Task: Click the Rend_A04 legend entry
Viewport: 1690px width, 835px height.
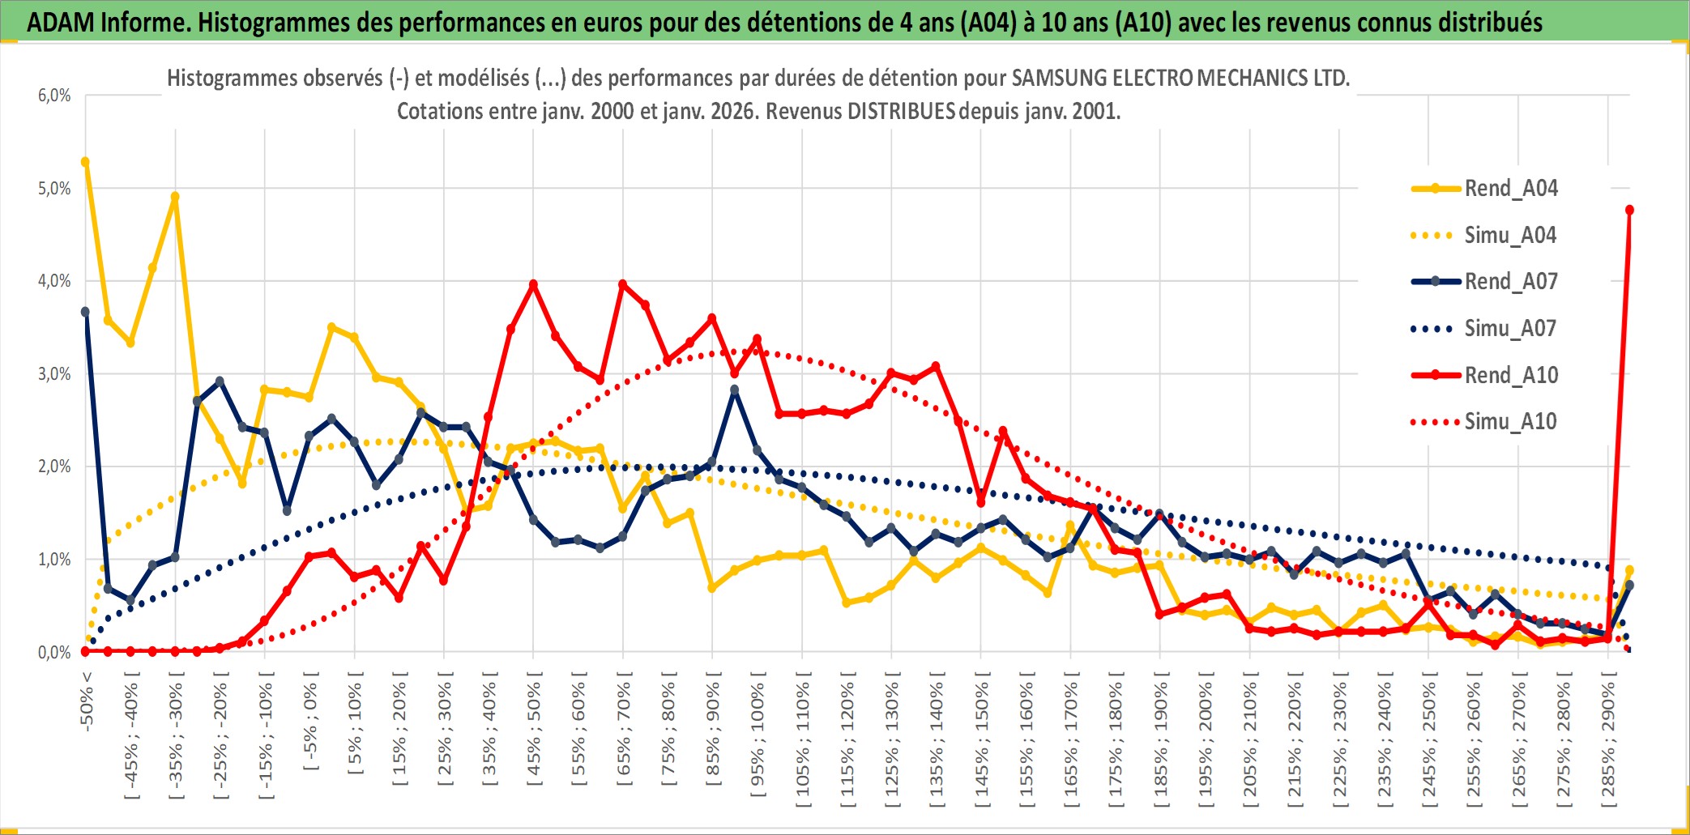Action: [1510, 189]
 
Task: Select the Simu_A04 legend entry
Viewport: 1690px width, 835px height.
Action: [1510, 236]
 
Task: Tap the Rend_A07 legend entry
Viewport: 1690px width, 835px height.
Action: [1510, 282]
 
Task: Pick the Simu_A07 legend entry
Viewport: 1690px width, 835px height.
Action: [1510, 329]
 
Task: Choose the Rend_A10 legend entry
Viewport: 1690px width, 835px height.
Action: [1510, 375]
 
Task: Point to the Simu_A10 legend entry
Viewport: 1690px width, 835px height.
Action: [1510, 421]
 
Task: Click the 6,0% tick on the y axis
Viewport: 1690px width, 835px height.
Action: [54, 96]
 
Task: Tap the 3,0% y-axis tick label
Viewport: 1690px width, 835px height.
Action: [54, 374]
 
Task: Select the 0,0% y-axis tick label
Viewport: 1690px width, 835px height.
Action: [54, 653]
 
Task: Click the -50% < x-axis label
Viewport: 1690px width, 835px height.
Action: [87, 701]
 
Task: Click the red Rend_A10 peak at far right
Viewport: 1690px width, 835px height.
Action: [1629, 211]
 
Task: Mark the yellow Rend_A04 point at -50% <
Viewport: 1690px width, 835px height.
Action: [85, 162]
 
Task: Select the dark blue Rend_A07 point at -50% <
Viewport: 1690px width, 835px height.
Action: [85, 312]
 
